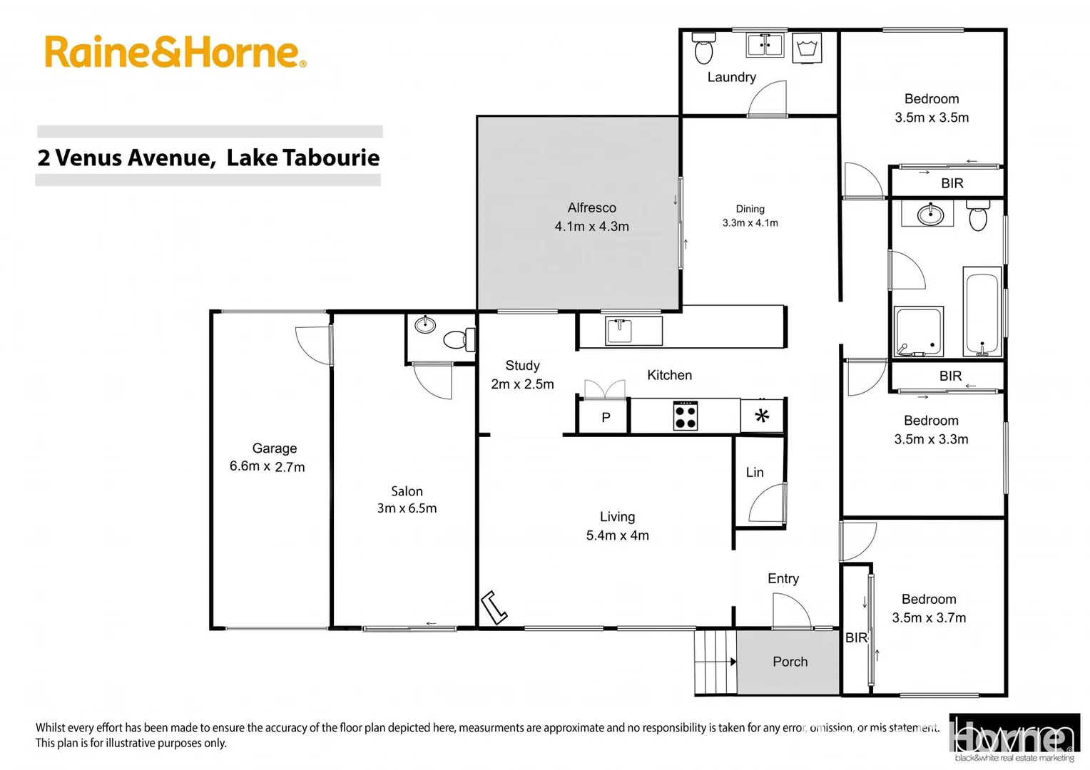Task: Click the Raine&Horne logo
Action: click(x=175, y=52)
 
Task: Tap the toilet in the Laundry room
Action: click(x=703, y=48)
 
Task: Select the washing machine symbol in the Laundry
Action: click(x=807, y=48)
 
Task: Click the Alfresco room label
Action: click(x=591, y=217)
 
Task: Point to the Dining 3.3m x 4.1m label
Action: click(x=750, y=216)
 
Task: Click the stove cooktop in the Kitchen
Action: click(x=686, y=416)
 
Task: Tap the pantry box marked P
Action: click(x=605, y=418)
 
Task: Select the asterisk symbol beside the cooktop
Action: click(x=762, y=416)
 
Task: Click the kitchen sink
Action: click(x=619, y=331)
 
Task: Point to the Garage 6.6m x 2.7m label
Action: click(x=270, y=457)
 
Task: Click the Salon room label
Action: click(x=407, y=499)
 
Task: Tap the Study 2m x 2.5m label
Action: click(x=522, y=374)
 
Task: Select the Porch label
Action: click(x=790, y=662)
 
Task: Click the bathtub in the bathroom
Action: click(x=982, y=312)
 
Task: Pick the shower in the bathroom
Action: click(x=918, y=332)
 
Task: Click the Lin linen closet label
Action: click(x=755, y=472)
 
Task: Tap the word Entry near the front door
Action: click(x=783, y=578)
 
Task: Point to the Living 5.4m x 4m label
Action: click(x=617, y=526)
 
